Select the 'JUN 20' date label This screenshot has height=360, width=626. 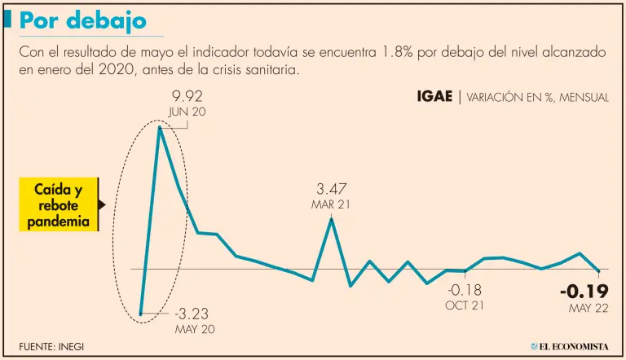pos(187,112)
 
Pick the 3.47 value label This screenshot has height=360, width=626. pos(332,189)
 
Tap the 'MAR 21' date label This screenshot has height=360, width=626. pos(331,204)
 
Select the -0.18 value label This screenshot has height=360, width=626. pos(465,290)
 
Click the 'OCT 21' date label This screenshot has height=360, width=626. pos(465,305)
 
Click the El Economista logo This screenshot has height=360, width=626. pos(570,346)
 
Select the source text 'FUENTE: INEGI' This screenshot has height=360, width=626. pos(51,346)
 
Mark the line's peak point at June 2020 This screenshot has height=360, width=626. pos(160,128)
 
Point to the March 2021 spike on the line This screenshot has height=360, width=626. pos(331,219)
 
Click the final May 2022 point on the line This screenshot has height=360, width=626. pos(599,270)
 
